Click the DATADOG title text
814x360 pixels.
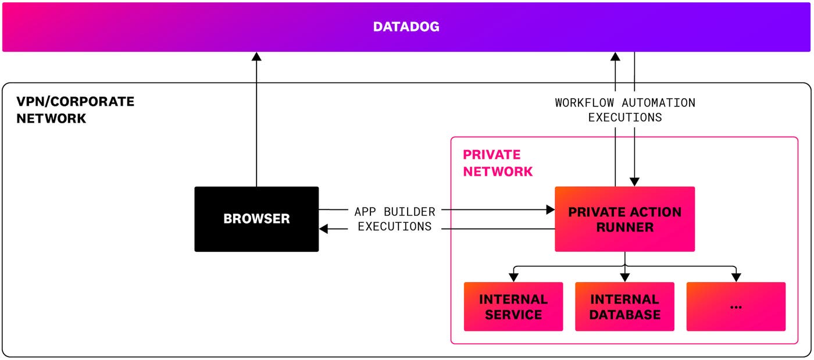click(x=406, y=27)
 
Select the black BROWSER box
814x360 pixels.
click(x=256, y=219)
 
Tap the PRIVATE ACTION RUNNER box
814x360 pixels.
click(x=624, y=219)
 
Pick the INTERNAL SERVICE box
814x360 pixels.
click(x=513, y=306)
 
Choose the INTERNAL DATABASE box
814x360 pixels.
click(x=624, y=306)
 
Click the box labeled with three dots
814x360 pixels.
click(x=736, y=306)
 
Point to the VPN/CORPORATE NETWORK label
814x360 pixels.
click(x=75, y=110)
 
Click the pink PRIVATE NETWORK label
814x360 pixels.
click(x=497, y=163)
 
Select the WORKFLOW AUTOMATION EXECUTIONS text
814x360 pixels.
click(x=624, y=110)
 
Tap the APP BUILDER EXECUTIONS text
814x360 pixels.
click(x=394, y=219)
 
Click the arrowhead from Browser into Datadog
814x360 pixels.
click(x=256, y=56)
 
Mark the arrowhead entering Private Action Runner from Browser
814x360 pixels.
click(x=550, y=209)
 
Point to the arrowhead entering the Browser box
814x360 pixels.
click(x=324, y=229)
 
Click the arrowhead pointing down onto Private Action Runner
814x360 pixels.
click(x=634, y=181)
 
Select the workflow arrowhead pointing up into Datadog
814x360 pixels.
click(x=615, y=56)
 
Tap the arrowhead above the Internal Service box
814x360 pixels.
click(x=513, y=277)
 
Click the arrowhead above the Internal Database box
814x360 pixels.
click(x=624, y=277)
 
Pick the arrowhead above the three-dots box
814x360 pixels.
click(x=736, y=277)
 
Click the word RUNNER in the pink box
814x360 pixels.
click(x=624, y=227)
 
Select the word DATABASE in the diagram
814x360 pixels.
click(x=624, y=315)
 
